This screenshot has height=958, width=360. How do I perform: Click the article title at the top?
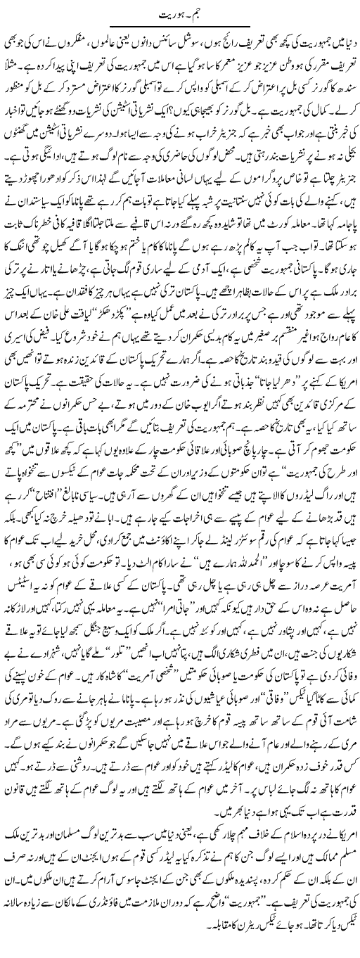coord(180,9)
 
